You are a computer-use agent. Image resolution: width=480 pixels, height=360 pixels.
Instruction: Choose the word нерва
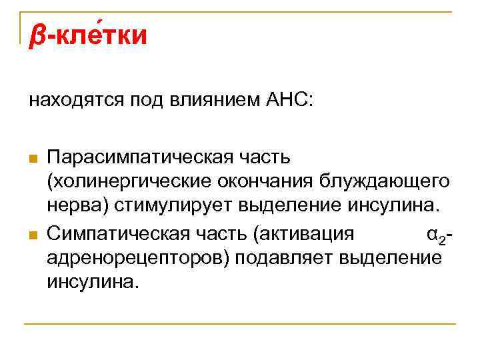tap(73, 203)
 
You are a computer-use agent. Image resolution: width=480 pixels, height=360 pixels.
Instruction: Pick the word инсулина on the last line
tap(91, 280)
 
